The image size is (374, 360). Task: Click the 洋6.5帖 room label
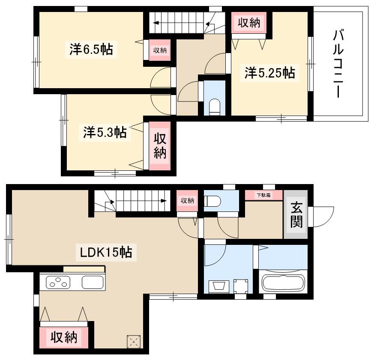pos(91,49)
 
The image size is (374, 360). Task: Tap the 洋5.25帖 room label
pos(269,73)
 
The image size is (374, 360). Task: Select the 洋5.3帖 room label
pos(105,132)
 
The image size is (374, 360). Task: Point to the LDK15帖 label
pos(106,252)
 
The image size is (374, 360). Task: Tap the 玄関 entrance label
pos(296,215)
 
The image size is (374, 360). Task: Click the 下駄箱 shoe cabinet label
pos(264,195)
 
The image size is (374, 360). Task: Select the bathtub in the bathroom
pos(283,284)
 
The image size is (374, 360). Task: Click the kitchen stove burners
pos(58,282)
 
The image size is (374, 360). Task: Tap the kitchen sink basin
pos(93,282)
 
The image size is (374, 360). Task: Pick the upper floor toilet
pos(214,107)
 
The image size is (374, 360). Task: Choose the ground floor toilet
pos(212,201)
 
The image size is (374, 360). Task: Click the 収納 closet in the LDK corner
pos(64,337)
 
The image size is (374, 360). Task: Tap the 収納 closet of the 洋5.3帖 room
pos(159,146)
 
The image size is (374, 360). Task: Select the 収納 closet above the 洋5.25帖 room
pos(249,23)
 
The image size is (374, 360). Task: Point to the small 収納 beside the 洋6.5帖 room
pos(160,50)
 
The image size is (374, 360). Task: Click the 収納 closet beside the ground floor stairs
pos(188,201)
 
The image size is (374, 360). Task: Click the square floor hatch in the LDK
pos(134,342)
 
